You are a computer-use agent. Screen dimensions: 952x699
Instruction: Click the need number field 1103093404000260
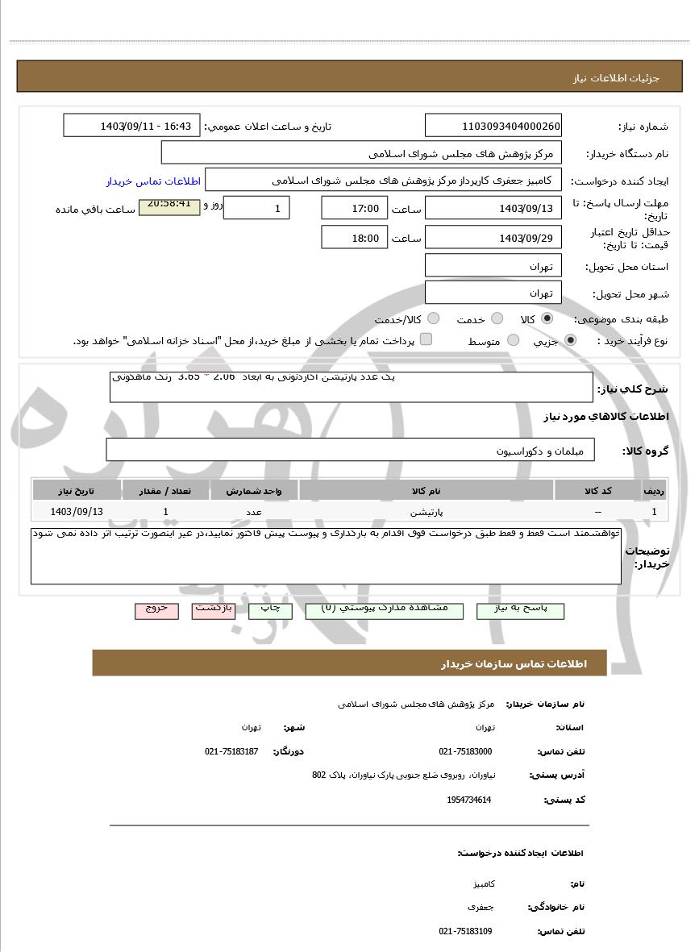493,126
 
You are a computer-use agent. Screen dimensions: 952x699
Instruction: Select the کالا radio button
548,318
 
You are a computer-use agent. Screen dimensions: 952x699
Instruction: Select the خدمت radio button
497,318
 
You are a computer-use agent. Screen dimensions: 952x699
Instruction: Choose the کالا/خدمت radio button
434,318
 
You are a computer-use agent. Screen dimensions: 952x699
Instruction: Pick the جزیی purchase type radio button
571,340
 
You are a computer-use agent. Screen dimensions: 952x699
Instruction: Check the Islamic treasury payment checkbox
426,339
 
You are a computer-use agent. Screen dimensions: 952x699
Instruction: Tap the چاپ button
270,610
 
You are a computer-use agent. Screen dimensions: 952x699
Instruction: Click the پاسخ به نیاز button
520,610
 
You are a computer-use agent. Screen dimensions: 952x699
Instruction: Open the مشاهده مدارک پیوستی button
385,610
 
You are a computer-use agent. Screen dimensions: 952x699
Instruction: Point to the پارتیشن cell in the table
426,512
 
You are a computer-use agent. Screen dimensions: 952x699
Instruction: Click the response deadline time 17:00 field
354,209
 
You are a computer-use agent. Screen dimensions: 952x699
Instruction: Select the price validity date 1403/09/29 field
493,238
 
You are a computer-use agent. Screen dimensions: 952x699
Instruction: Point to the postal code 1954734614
468,800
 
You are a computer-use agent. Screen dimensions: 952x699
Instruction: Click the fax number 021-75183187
231,751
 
